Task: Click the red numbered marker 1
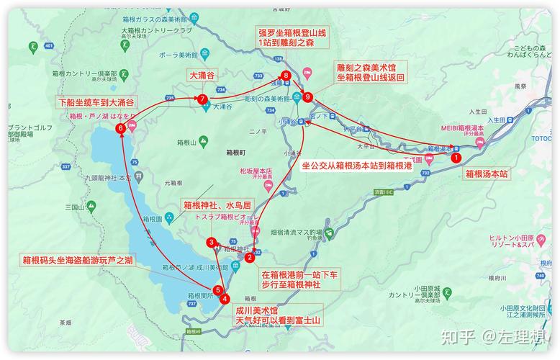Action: [x=455, y=156]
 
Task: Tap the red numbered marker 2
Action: [x=249, y=257]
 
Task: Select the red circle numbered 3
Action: [x=211, y=242]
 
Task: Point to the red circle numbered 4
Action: [x=225, y=298]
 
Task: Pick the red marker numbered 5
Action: [x=218, y=290]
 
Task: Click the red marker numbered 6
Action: [x=120, y=128]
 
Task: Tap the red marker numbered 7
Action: [x=203, y=99]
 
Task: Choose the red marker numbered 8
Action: [x=286, y=75]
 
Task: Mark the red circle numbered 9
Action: [x=308, y=96]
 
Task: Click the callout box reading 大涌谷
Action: [x=202, y=76]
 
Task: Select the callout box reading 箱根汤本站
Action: [x=487, y=174]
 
